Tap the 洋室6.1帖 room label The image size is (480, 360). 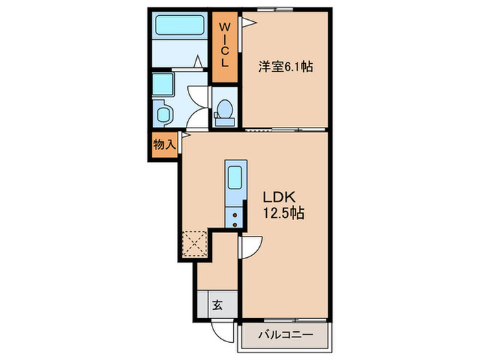click(x=286, y=67)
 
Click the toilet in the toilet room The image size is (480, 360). click(x=224, y=110)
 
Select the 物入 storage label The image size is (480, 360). click(x=165, y=145)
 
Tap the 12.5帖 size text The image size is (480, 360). click(x=282, y=213)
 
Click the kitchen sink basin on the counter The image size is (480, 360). click(x=234, y=178)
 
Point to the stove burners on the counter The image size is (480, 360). click(x=234, y=217)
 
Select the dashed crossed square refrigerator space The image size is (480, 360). click(x=194, y=243)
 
